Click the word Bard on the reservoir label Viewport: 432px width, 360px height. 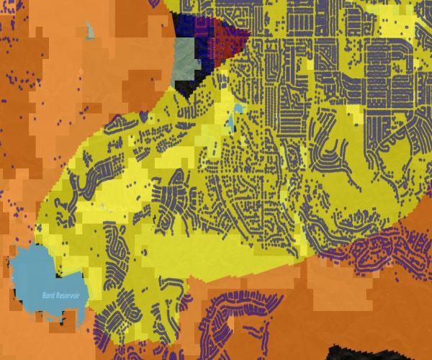click(x=49, y=295)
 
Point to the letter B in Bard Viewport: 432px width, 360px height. click(x=44, y=295)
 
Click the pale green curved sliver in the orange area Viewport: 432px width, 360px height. click(x=89, y=30)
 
